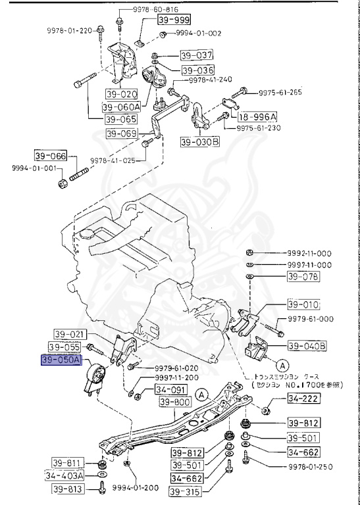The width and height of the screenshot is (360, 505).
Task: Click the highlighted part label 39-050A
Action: [61, 360]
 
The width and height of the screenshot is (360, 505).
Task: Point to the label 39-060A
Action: [121, 107]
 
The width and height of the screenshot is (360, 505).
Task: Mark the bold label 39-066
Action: [51, 156]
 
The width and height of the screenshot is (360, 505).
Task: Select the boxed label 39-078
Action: [302, 277]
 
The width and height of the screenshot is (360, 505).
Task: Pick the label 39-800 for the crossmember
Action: [172, 402]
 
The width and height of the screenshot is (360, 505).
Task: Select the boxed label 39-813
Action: [68, 489]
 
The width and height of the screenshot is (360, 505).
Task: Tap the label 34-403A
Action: [65, 475]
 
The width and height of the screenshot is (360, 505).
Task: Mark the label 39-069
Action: [121, 133]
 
